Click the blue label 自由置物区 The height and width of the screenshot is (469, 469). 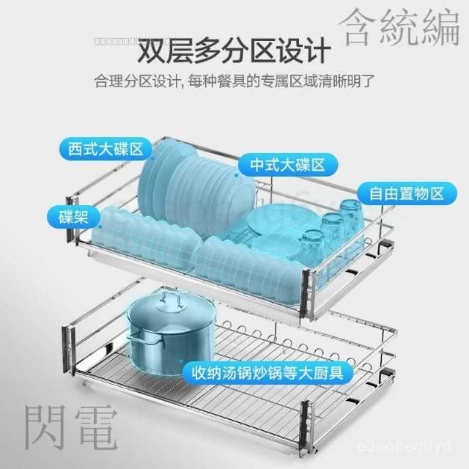click(x=402, y=194)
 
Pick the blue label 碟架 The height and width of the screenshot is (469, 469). click(x=74, y=217)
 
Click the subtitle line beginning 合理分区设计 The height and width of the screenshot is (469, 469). click(x=234, y=80)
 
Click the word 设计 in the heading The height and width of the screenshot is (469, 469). click(x=300, y=52)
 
